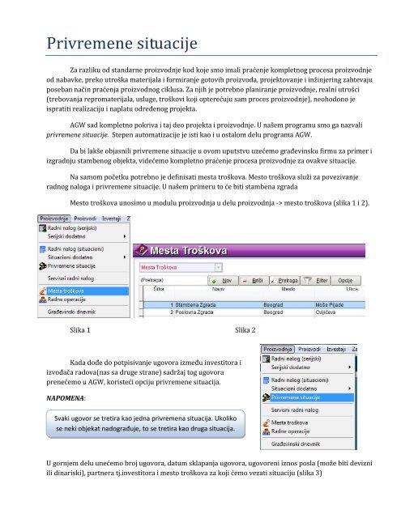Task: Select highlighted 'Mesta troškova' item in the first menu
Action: tap(67, 290)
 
